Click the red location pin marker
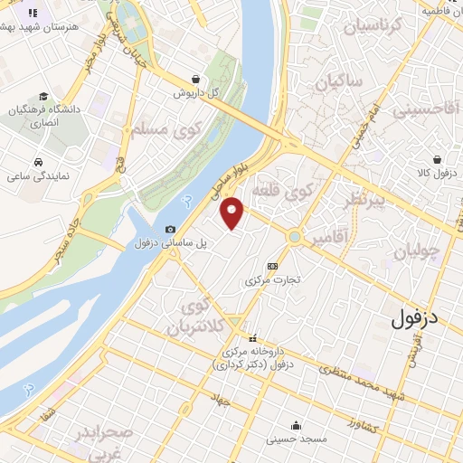233,213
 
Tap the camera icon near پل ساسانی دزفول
171,230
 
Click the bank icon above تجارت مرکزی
273,266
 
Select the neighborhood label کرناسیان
366,28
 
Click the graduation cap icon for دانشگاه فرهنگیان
43,97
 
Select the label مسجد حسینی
296,440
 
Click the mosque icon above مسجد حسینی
296,426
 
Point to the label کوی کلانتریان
196,317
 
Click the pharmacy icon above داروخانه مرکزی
253,338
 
